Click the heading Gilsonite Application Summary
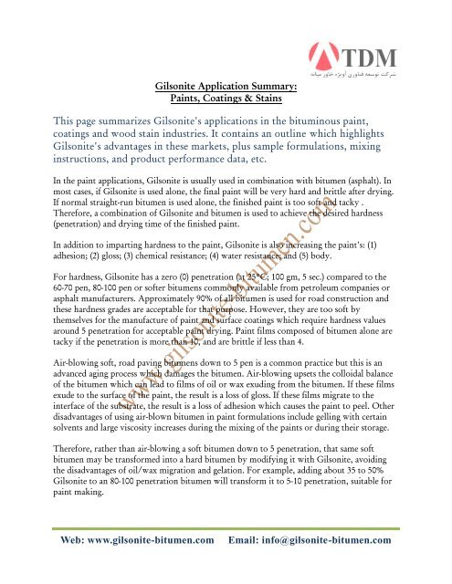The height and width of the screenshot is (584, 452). pyautogui.click(x=225, y=85)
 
